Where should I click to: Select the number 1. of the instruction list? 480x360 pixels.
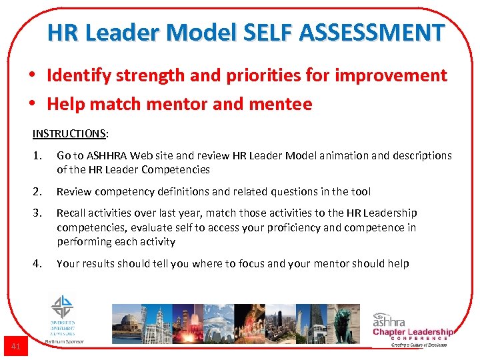39,155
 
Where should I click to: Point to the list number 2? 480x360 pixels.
39,192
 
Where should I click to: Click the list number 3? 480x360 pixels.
39,213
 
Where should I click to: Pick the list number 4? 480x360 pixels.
39,264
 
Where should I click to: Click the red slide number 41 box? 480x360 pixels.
16,347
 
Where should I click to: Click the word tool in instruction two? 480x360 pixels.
361,192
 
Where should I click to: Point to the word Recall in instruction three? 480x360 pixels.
72,213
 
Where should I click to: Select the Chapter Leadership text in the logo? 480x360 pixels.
413,332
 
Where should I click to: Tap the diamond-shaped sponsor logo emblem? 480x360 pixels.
63,307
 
